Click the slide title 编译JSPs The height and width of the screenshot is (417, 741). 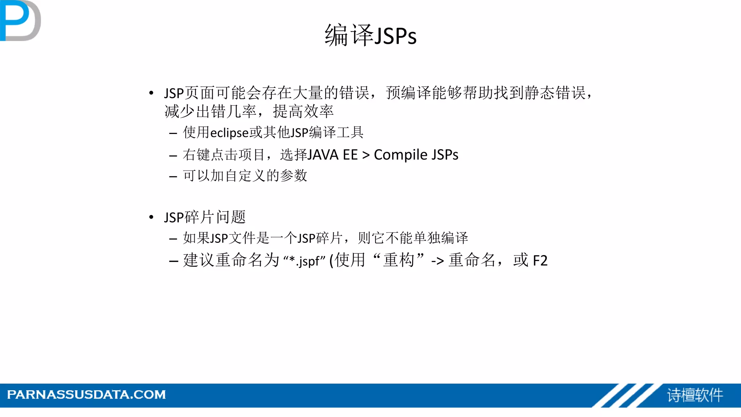point(370,35)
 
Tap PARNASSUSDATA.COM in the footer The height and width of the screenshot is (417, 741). point(86,395)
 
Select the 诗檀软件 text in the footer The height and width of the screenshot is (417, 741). point(695,395)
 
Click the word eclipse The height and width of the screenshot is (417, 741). point(229,133)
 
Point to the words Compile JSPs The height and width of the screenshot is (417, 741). point(416,155)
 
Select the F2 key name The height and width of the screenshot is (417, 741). point(540,261)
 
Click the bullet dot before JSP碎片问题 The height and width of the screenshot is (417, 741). point(151,217)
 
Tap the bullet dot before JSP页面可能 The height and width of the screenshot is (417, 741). point(151,93)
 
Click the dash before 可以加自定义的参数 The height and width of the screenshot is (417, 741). point(173,177)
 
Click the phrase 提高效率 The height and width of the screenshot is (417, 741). point(303,111)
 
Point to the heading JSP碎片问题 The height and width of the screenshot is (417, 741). point(205,217)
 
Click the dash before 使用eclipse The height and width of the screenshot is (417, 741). point(173,133)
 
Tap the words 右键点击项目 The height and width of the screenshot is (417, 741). point(224,155)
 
